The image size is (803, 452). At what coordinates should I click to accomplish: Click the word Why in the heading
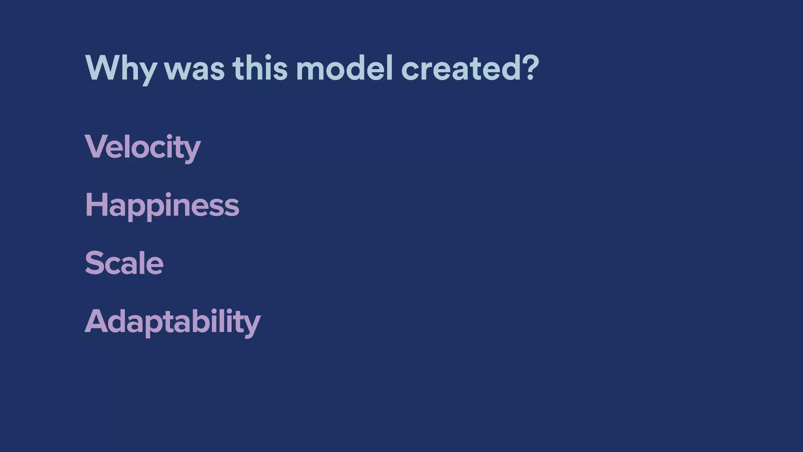[120, 69]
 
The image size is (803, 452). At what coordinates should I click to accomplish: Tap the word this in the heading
[260, 68]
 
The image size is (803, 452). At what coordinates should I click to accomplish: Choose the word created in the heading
[458, 68]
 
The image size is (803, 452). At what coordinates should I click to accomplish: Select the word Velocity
[142, 147]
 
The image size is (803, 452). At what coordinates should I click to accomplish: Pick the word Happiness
[162, 205]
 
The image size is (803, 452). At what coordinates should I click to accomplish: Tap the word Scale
[124, 263]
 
